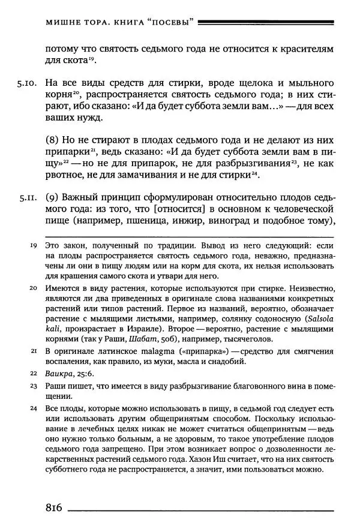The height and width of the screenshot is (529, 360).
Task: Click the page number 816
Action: pos(54,507)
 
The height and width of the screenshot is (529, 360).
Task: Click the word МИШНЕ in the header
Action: pos(62,23)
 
